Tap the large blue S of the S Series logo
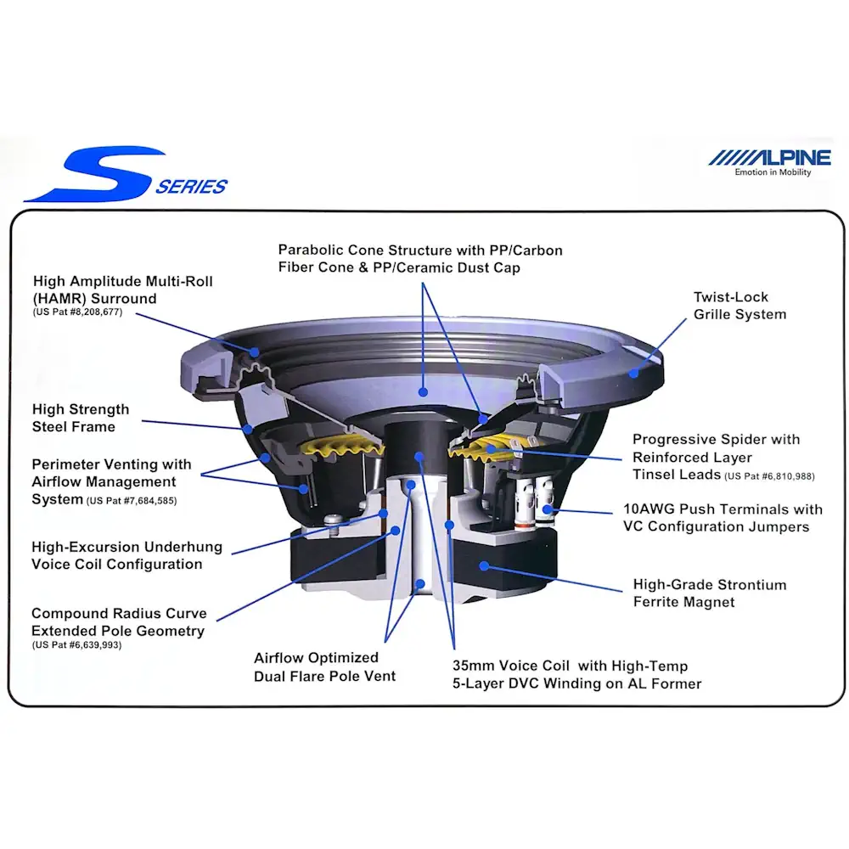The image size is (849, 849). (95, 173)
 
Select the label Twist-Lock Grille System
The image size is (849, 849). (739, 306)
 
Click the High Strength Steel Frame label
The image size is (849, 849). (81, 418)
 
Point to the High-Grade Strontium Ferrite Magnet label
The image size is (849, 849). (710, 593)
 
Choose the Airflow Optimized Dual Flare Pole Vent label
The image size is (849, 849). (325, 667)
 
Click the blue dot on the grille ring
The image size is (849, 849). (633, 373)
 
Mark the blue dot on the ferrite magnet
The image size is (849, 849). (484, 565)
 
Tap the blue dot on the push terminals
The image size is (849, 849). (547, 509)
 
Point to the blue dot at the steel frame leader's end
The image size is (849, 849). (247, 430)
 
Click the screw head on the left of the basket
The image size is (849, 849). (334, 521)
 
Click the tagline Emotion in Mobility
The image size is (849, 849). (773, 172)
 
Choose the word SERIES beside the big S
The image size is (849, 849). (192, 187)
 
